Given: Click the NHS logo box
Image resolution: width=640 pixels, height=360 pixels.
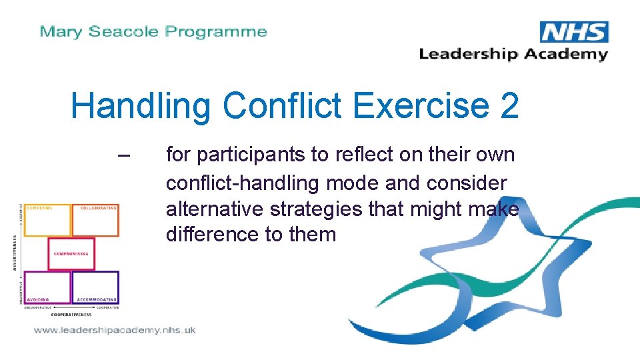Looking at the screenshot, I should (574, 31).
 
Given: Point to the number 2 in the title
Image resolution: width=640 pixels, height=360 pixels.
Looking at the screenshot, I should (509, 105).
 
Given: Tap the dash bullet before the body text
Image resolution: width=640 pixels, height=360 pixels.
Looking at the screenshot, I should (123, 155).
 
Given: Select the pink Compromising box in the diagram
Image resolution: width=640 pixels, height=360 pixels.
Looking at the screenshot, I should (71, 254).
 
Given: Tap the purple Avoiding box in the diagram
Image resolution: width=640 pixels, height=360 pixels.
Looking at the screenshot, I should (47, 287).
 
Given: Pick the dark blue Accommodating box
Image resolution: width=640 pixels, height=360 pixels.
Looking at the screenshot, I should (96, 287).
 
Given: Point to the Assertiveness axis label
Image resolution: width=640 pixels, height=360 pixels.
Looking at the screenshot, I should (15, 252).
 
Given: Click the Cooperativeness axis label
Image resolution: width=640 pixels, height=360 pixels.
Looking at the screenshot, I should (71, 314).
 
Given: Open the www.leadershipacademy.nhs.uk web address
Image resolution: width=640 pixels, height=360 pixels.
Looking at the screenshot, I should (114, 330).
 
